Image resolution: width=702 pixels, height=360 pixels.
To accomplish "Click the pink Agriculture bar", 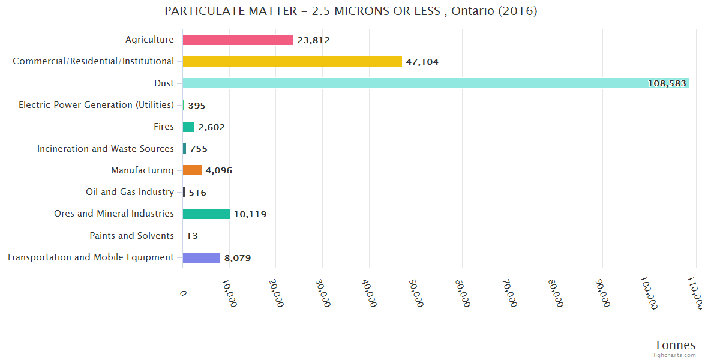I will point(238,40).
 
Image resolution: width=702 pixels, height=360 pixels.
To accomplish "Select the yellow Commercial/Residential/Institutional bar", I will point(292,61).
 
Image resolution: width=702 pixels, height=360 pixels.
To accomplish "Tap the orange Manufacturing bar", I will point(192,170).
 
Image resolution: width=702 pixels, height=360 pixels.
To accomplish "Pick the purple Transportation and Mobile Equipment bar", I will point(202,257).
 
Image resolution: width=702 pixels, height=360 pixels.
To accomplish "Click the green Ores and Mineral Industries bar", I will point(206,214).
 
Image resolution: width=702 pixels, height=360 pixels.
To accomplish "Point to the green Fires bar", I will point(188,127).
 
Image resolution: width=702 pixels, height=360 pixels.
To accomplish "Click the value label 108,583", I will point(667,83).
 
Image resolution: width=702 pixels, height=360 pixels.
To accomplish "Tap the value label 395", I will point(197,106).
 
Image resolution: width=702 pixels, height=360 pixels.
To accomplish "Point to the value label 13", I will point(192,236).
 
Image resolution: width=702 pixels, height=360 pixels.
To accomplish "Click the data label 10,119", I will point(250,214).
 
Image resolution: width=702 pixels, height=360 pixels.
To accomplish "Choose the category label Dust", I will point(164,83).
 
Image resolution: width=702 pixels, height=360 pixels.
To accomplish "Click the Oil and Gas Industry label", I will point(130,192).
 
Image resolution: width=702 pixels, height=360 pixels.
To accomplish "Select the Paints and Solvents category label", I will point(131,236).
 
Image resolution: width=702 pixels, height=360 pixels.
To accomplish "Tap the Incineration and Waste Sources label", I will point(106,149).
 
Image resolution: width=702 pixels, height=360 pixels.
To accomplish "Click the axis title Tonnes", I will point(674,345).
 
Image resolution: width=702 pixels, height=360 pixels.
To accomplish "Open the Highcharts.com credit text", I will point(674,355).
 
